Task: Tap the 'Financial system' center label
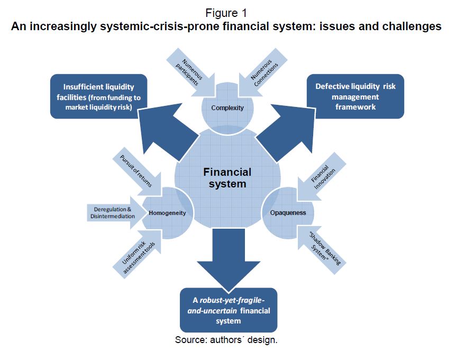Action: point(227,178)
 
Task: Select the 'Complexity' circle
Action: point(227,108)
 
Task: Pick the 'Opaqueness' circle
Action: point(288,213)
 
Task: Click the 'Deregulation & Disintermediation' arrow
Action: point(114,212)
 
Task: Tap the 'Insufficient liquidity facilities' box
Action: point(98,95)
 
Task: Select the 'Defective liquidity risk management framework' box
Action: point(355,96)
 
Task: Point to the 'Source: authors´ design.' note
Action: point(226,340)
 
